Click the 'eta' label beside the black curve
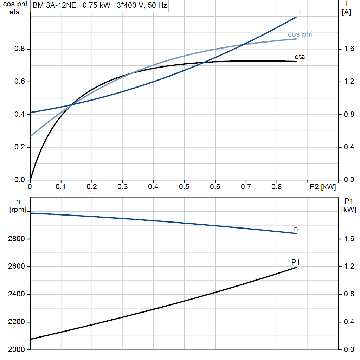(x=300, y=57)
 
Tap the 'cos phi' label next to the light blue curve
(x=300, y=34)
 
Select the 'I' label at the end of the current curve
(x=300, y=12)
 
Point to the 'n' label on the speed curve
(x=296, y=229)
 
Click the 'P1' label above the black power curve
(x=296, y=262)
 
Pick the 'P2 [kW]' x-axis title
(x=323, y=187)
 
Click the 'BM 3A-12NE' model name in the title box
(x=54, y=5)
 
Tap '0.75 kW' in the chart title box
(x=96, y=5)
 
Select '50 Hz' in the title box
(x=157, y=5)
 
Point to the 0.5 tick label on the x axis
(x=184, y=187)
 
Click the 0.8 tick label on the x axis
(x=277, y=187)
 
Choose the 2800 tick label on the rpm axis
(x=16, y=239)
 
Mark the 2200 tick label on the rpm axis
(x=16, y=322)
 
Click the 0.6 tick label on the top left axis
(x=20, y=82)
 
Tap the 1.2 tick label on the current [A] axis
(x=349, y=82)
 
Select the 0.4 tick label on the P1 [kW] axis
(x=349, y=322)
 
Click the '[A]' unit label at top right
(x=346, y=12)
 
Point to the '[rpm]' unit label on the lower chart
(x=18, y=210)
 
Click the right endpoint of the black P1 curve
(x=296, y=268)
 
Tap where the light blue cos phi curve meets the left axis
(x=30, y=137)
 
